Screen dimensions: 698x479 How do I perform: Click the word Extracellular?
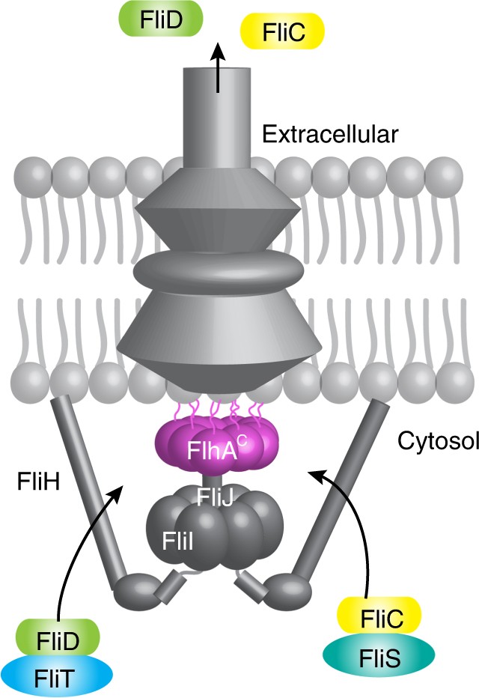pos(329,135)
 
